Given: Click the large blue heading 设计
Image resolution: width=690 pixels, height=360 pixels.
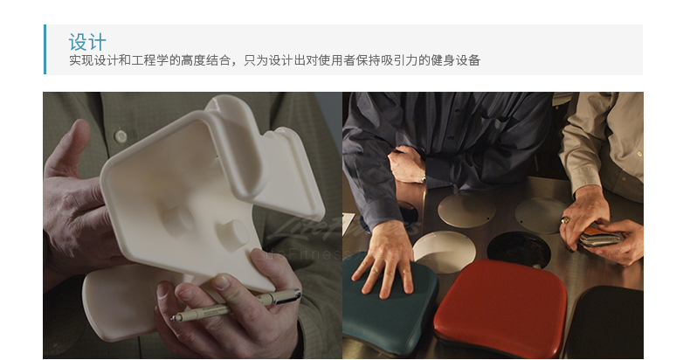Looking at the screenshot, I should click(87, 42).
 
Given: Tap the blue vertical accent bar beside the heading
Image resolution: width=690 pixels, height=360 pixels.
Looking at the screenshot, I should click(45, 49).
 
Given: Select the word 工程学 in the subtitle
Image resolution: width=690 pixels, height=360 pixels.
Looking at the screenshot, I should click(158, 61).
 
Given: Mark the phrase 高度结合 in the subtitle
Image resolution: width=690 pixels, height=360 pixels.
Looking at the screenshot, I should click(203, 61).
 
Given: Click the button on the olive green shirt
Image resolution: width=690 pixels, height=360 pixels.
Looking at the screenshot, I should click(120, 136).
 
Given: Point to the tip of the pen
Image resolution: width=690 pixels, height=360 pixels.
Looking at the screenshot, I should click(174, 318).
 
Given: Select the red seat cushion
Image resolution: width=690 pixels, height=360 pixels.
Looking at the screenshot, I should click(499, 306).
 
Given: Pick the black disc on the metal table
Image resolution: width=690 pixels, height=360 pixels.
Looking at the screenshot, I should click(519, 248).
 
